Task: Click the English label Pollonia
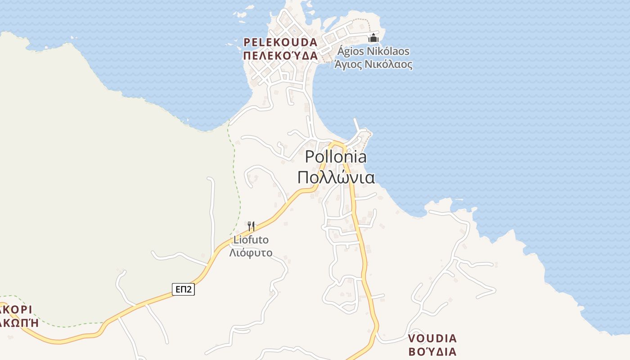click(x=336, y=157)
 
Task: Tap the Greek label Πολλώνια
click(x=336, y=177)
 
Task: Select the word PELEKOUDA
click(x=280, y=42)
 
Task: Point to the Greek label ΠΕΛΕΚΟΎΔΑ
click(x=280, y=56)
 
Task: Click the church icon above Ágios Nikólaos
click(x=373, y=38)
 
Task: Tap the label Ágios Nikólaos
click(x=373, y=51)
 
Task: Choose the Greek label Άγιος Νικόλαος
click(x=373, y=64)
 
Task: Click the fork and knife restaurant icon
click(x=251, y=225)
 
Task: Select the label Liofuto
click(x=251, y=239)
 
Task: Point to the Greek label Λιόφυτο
click(x=251, y=252)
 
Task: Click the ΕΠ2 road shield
click(x=183, y=289)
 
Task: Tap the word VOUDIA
click(x=432, y=338)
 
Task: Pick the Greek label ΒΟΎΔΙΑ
click(x=432, y=351)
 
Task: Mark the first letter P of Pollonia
click(x=310, y=157)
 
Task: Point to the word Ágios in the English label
click(x=351, y=51)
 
